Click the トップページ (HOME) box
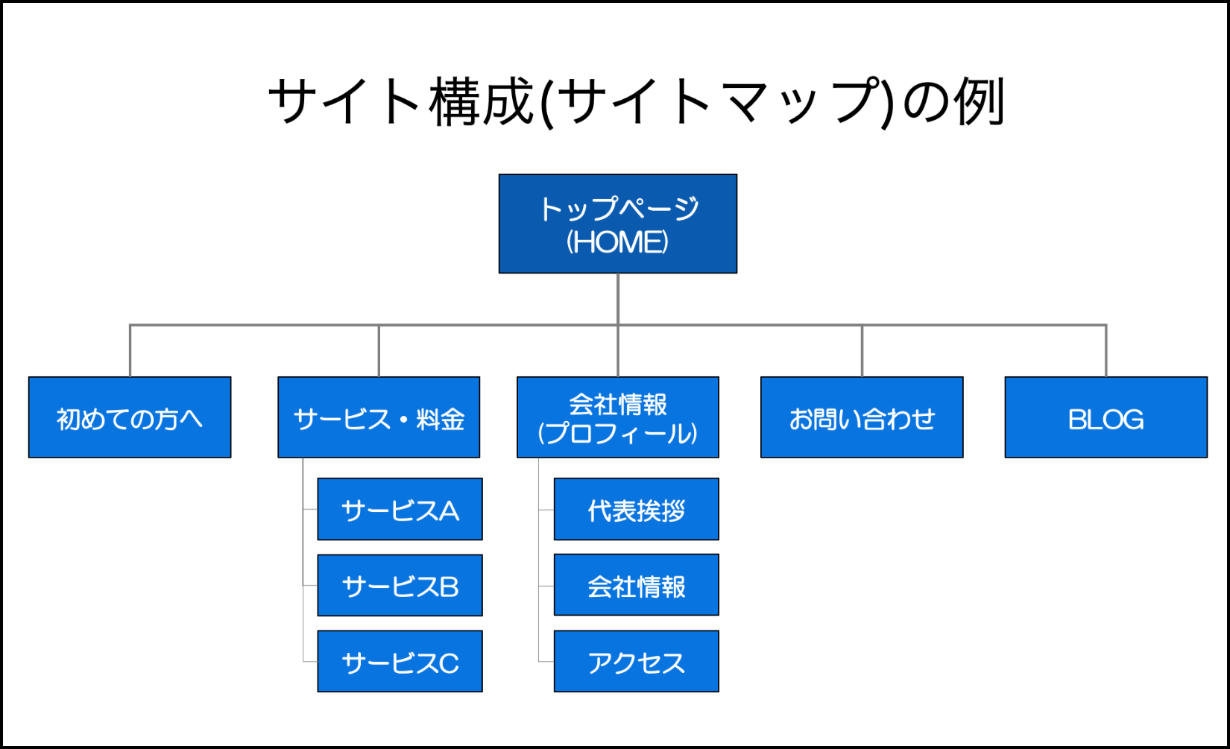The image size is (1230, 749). coord(618,224)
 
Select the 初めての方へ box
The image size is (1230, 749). coord(130,417)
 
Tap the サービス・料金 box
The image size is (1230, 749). coord(379,417)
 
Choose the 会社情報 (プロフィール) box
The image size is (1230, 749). coord(618,417)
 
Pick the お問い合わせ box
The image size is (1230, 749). coord(862,417)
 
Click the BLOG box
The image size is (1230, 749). coord(1106,417)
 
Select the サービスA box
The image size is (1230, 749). coord(400,509)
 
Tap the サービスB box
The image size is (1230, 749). coord(400,585)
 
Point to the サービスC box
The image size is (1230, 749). coord(400,661)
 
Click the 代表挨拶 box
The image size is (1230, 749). coord(637,509)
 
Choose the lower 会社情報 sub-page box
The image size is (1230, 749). coord(637,585)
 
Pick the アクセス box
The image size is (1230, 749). coord(637,661)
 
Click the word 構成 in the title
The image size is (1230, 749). coord(482,101)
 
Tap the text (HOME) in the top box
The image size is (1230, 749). coord(618,241)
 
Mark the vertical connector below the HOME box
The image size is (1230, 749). coord(618,300)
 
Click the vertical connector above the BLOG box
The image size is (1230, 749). coord(1106,351)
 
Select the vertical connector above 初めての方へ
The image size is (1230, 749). coord(130,351)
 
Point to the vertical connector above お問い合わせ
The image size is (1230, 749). coord(862,351)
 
